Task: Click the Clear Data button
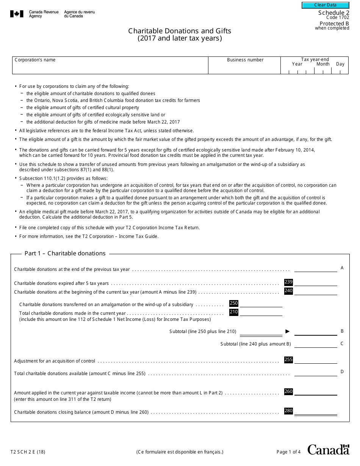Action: tap(325, 5)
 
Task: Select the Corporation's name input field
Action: tap(110, 67)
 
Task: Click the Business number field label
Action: tap(245, 60)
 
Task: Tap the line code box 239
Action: tap(288, 282)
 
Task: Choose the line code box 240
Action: tap(288, 291)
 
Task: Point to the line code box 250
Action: tap(234, 303)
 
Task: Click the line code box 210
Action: tap(234, 312)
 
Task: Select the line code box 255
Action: tap(288, 360)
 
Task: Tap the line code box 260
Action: tap(288, 392)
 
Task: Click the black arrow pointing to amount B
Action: tap(288, 332)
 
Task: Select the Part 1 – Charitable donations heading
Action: tap(65, 253)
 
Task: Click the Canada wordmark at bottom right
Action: tap(328, 450)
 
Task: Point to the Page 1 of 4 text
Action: tap(288, 452)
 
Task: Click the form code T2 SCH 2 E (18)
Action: tap(28, 452)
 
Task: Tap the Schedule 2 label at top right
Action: tap(333, 13)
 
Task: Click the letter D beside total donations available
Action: tap(342, 372)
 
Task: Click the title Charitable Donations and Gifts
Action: tap(179, 31)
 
